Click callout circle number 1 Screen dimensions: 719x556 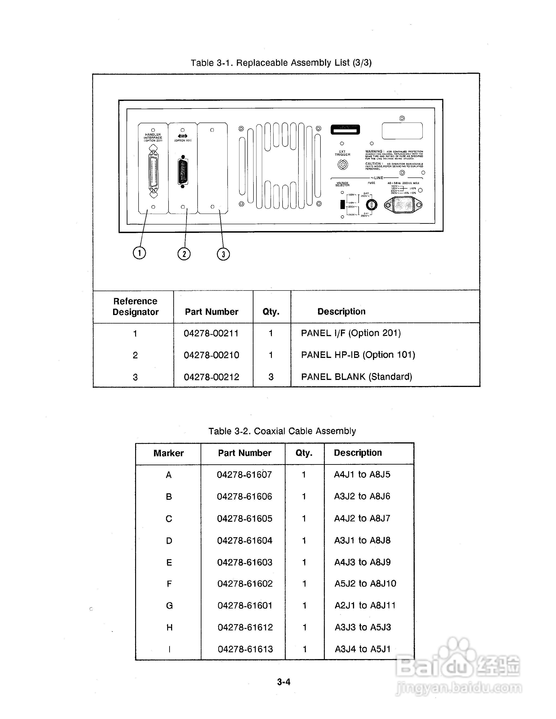tap(139, 253)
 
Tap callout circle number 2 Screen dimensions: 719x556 tap(184, 254)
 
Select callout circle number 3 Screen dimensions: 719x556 tap(223, 254)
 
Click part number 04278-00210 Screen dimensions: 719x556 tap(211, 355)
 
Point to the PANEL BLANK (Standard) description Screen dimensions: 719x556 tap(356, 377)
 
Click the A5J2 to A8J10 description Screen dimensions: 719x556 tap(365, 584)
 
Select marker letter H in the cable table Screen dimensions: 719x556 tap(169, 628)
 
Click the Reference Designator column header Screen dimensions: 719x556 tap(135, 306)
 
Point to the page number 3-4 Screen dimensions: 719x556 tap(284, 682)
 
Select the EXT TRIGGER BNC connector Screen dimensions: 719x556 tap(343, 164)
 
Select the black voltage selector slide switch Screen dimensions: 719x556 tap(343, 204)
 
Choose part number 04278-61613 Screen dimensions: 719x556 tap(245, 649)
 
